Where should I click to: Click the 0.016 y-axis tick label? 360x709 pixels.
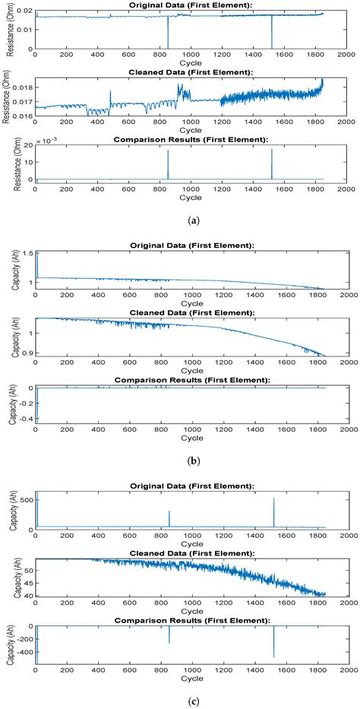[22, 116]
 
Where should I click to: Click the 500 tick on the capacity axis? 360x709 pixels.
[25, 499]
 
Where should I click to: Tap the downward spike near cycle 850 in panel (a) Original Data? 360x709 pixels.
[168, 34]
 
